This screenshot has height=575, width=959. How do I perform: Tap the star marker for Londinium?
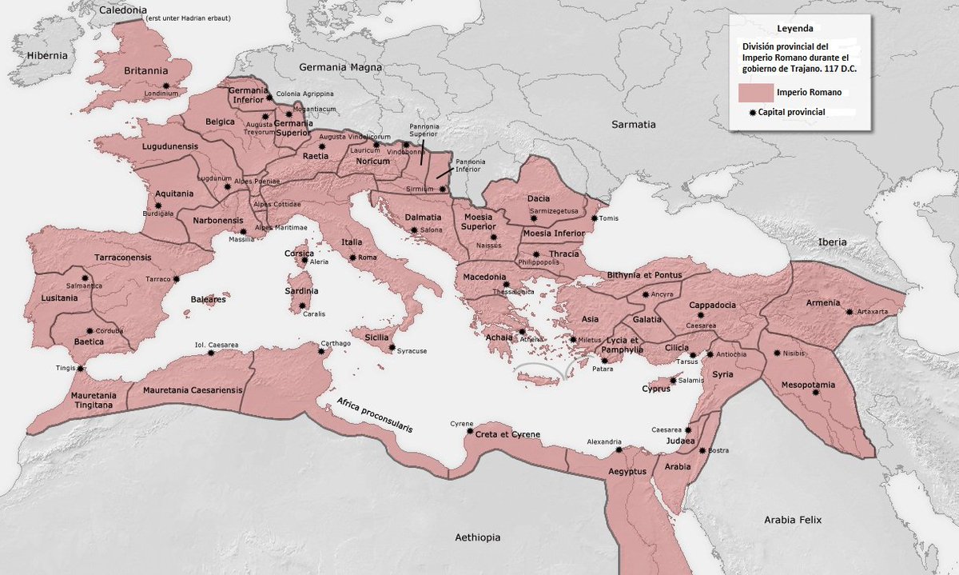click(x=165, y=85)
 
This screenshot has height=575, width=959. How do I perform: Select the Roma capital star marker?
click(x=352, y=258)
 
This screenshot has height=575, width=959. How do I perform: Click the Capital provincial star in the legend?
click(x=753, y=113)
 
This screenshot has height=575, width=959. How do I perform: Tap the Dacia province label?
click(x=541, y=198)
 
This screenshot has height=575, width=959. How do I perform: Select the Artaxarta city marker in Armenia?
click(x=850, y=311)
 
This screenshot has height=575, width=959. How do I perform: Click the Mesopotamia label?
click(x=808, y=385)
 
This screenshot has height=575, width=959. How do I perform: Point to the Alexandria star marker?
click(x=619, y=449)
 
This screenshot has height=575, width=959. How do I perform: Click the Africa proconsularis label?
click(x=374, y=415)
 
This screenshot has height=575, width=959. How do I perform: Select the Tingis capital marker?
click(x=79, y=368)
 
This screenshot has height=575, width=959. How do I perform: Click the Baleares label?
click(x=208, y=299)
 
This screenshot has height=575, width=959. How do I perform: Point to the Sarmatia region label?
click(x=633, y=125)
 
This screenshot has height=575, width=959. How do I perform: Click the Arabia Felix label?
click(x=791, y=520)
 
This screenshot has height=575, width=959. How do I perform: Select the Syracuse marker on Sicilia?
click(x=392, y=347)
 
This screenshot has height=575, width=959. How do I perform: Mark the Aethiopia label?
click(x=477, y=537)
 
